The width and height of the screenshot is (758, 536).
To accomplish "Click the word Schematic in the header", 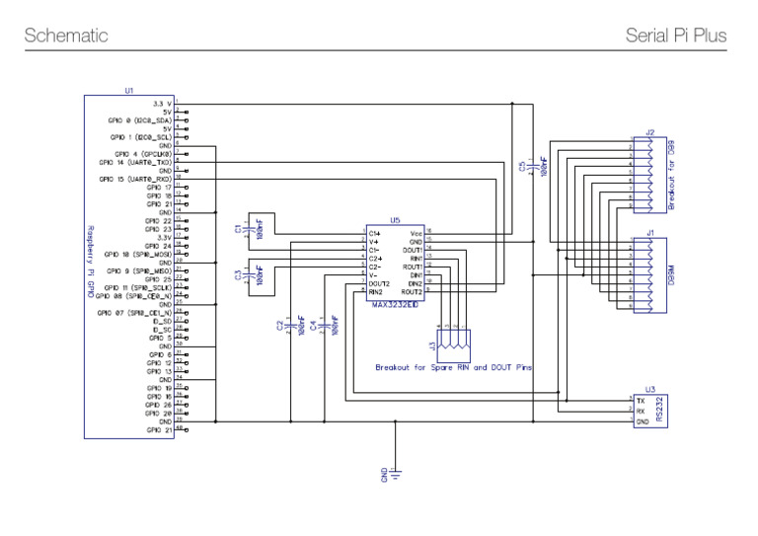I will [65, 37].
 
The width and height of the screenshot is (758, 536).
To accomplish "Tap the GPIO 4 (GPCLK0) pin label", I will [143, 154].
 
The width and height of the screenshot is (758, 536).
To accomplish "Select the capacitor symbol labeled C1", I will [253, 229].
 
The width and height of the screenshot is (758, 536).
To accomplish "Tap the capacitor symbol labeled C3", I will [253, 275].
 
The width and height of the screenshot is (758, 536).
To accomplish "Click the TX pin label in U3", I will [642, 402].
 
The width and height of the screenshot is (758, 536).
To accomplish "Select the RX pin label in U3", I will [642, 412].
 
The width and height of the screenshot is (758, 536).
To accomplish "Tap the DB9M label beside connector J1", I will [670, 273].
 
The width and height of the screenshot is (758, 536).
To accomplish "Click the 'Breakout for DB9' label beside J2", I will [671, 176].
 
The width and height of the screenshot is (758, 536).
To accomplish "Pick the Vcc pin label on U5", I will [416, 233].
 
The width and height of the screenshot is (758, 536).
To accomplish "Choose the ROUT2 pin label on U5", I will [412, 292].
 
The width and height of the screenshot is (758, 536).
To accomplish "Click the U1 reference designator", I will [128, 91].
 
